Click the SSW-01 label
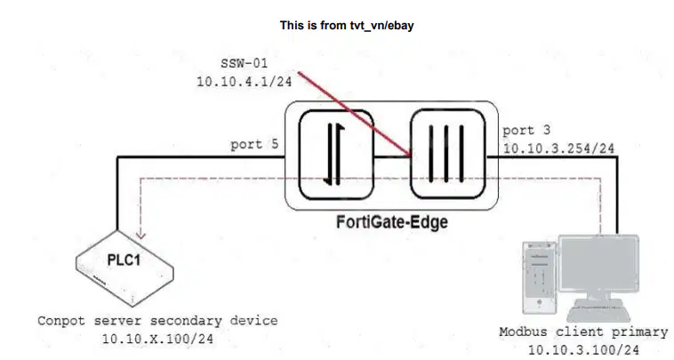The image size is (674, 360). pos(245,63)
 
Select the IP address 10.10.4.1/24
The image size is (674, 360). pos(245,81)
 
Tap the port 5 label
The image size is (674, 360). pos(254,144)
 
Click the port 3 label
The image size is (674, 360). pos(526,130)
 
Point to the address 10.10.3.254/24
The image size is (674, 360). pos(558,148)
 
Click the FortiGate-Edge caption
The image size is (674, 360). pos(391,222)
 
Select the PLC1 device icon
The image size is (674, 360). pos(124,268)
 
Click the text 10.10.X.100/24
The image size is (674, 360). pos(157,339)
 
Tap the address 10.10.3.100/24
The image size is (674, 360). pos(583,349)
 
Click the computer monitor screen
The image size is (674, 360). pos(598,262)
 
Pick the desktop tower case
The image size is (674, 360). pos(540,277)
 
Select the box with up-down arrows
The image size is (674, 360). pos(336,155)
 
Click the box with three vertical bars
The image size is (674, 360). pos(448,154)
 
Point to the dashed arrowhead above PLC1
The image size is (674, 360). pos(140,235)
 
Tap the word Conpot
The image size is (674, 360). pos(61,321)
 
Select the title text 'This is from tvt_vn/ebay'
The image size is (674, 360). pos(347,26)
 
